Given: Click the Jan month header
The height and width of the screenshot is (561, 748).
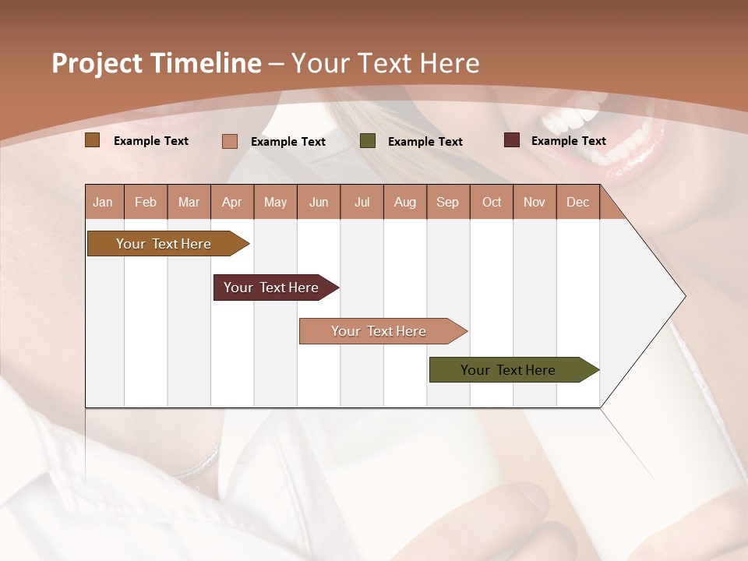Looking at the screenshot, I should pos(103,202).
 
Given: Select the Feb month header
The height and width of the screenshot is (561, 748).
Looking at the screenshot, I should pos(146,202).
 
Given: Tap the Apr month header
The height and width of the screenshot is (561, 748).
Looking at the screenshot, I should pos(231,202).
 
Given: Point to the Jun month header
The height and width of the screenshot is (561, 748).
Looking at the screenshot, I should pos(318,202).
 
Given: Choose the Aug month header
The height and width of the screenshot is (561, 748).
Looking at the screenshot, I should pos(404,202).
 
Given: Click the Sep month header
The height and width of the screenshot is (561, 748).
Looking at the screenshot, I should pos(447,202).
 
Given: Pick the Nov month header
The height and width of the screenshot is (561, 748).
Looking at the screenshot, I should pos(534,202).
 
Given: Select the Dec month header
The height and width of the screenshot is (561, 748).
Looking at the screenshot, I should pos(577,202).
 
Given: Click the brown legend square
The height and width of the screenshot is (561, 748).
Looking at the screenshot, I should pos(92,140).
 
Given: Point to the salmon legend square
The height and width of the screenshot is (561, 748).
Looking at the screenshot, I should pos(229,141).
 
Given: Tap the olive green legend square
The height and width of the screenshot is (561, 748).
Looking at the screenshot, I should pos(368,141).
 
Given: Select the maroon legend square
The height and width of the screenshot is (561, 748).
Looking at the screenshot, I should pos(511,140).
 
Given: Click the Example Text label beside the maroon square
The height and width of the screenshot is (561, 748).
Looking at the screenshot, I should pos(568,141).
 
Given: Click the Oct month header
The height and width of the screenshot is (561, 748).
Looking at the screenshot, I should pos(492,202).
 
